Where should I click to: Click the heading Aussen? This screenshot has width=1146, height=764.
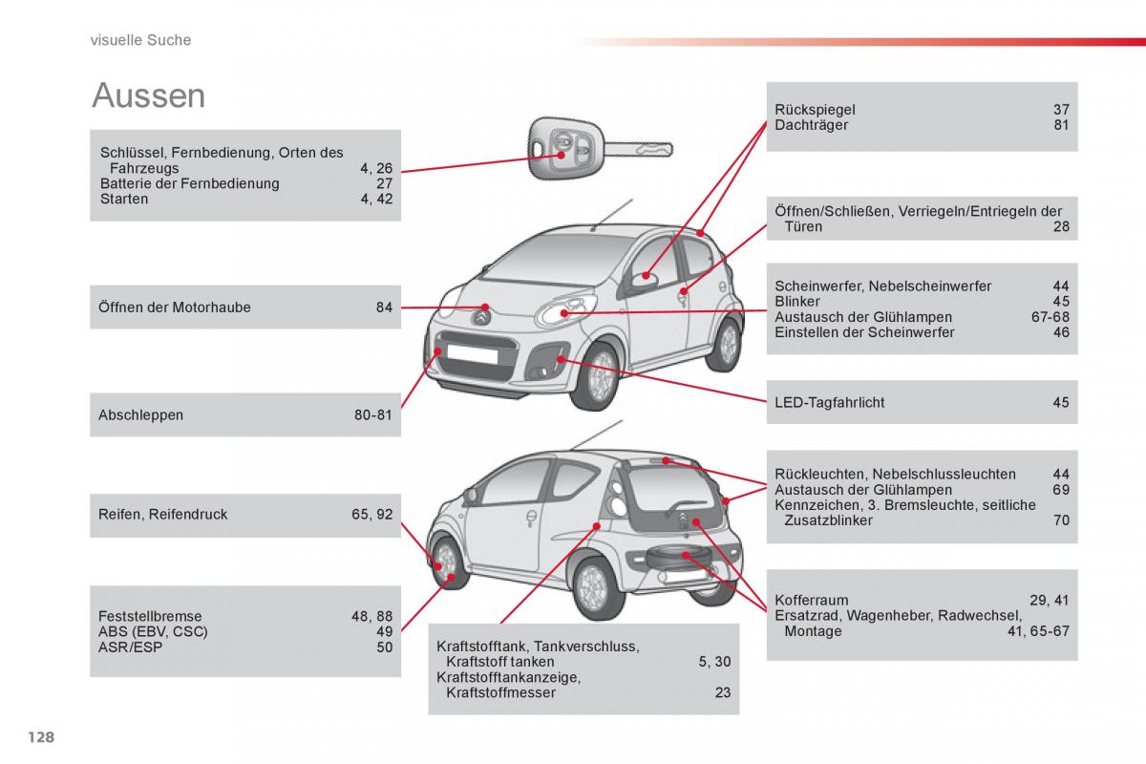click(x=148, y=95)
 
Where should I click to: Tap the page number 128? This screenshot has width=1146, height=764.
click(x=41, y=737)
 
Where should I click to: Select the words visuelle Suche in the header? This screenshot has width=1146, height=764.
click(x=140, y=40)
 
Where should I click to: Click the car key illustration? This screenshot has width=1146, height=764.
click(x=600, y=149)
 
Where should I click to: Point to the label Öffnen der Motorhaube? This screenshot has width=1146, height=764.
click(x=175, y=308)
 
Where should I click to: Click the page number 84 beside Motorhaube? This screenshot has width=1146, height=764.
click(x=384, y=308)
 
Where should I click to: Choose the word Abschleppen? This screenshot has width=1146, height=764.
click(x=140, y=415)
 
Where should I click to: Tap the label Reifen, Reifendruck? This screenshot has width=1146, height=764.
click(x=162, y=515)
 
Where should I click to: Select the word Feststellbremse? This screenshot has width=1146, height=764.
click(x=150, y=616)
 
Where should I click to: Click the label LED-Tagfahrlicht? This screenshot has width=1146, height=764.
click(x=829, y=403)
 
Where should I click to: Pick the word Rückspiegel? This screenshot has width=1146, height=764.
click(x=815, y=110)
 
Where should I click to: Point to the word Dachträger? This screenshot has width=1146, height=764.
click(x=812, y=125)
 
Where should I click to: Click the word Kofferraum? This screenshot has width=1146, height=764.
click(x=812, y=600)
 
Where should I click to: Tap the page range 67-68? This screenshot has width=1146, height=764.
click(x=1050, y=317)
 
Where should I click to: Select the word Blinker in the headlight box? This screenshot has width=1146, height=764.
click(x=797, y=302)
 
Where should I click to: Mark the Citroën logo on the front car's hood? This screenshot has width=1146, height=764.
click(x=480, y=318)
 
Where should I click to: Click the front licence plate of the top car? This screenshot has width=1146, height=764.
click(x=472, y=354)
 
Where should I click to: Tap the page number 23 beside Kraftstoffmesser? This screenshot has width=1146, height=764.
click(x=723, y=692)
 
